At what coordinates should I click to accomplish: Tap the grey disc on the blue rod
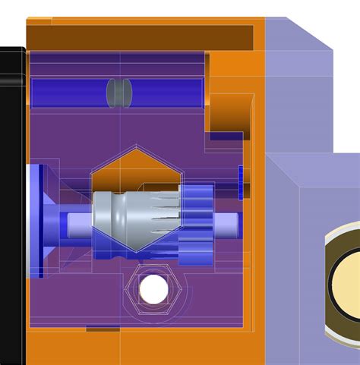point(119,92)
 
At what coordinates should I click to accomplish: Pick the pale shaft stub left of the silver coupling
point(79,224)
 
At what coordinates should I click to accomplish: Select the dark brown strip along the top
point(141,35)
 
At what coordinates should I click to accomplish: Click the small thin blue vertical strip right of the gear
point(240,182)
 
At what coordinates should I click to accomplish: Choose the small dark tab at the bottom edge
point(103,329)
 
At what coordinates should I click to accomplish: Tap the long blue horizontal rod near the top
point(76,92)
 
